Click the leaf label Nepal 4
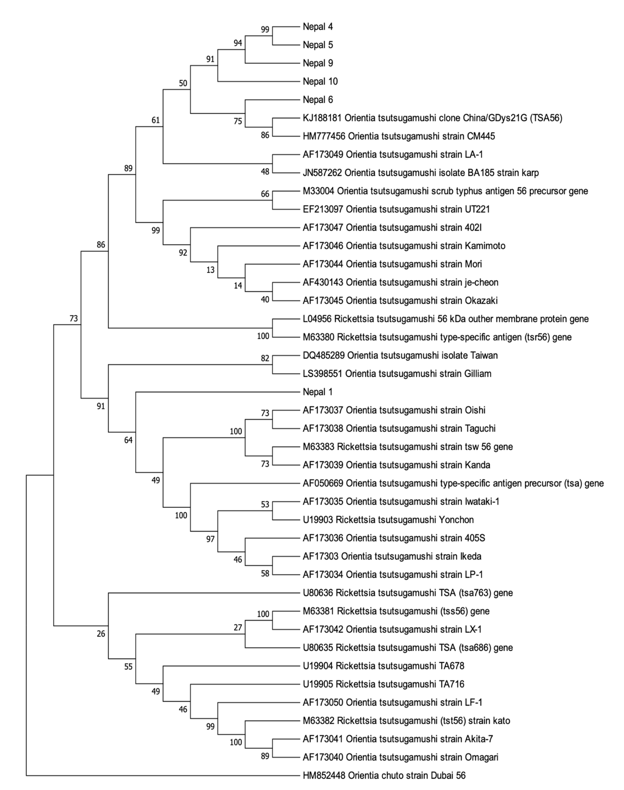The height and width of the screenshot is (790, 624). point(317,27)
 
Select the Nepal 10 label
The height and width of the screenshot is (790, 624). point(320,81)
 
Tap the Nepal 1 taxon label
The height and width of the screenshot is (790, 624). point(317,392)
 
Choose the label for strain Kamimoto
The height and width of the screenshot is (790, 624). point(404,246)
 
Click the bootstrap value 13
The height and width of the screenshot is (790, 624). point(210,270)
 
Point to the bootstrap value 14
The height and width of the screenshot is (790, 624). point(238,286)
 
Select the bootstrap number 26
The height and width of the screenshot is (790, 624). point(101,634)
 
